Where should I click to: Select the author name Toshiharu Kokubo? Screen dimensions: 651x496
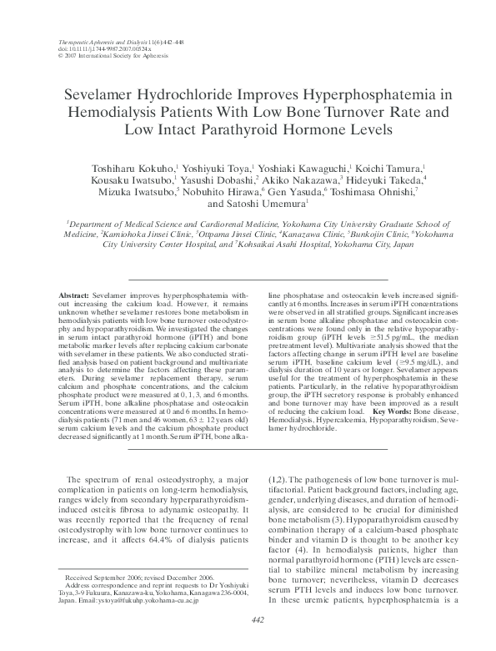coord(127,169)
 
